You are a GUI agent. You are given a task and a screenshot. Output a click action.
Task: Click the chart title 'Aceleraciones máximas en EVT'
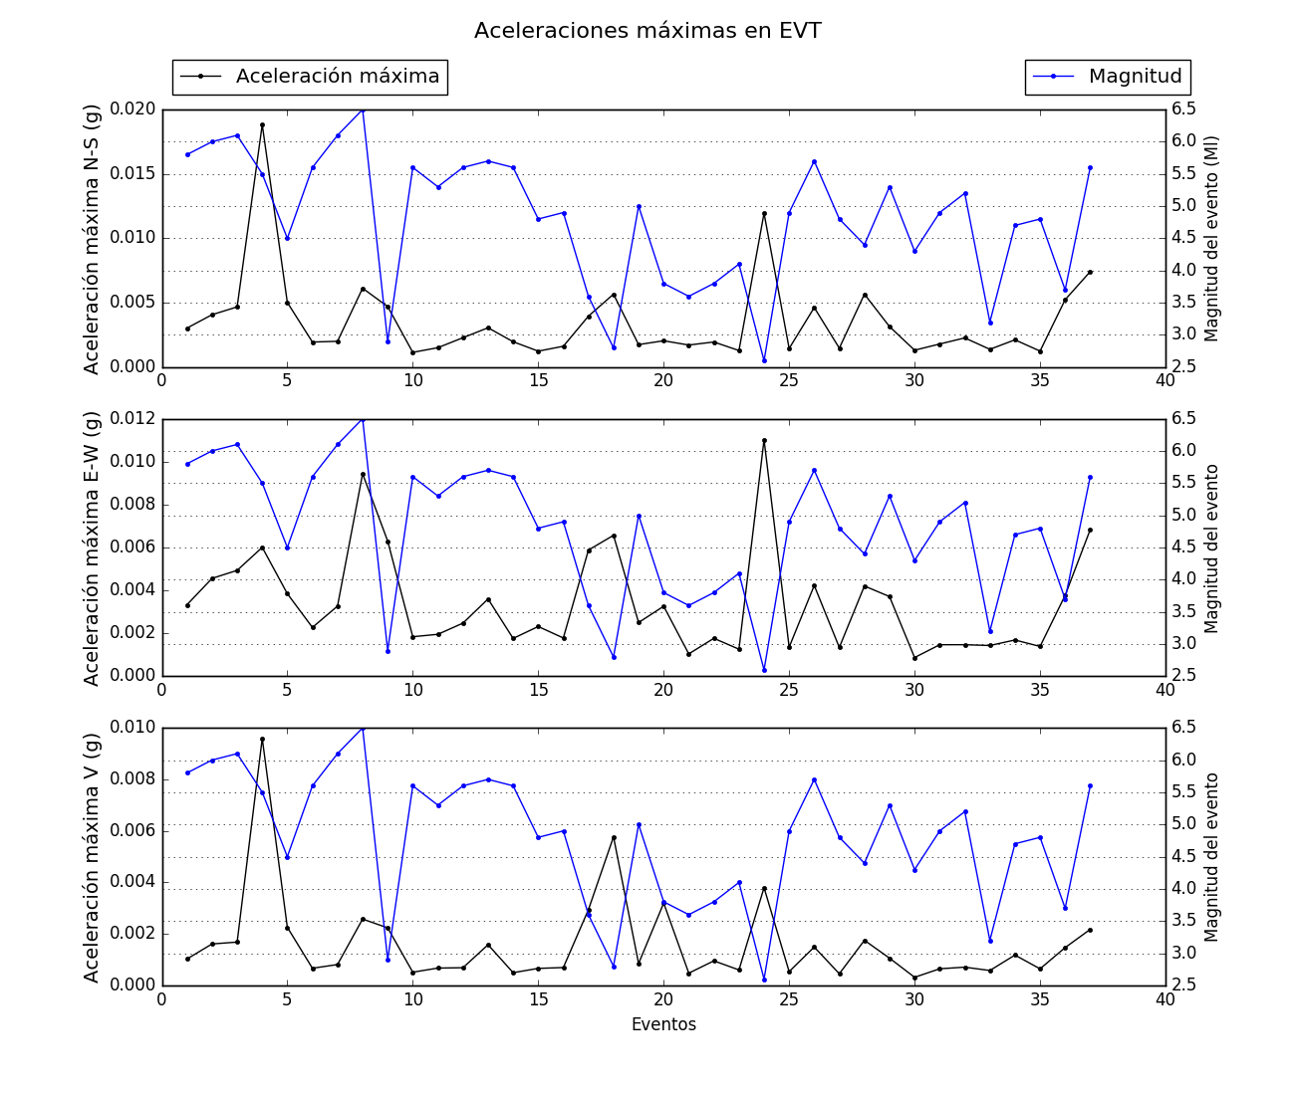pos(647,31)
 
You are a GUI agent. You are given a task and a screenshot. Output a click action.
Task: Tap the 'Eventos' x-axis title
pos(663,1024)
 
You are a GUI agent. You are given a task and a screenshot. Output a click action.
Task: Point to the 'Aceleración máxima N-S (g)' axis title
pos(92,239)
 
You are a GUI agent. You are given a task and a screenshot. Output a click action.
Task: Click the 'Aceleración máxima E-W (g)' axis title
pos(92,547)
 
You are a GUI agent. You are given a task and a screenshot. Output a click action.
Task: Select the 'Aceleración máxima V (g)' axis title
pos(92,857)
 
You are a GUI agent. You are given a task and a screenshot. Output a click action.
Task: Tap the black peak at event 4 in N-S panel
pos(262,124)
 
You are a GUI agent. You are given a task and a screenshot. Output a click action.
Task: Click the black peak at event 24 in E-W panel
pos(764,440)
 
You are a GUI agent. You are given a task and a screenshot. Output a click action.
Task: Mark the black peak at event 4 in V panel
pos(262,739)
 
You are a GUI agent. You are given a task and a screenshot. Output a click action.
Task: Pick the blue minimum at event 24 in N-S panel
pos(764,360)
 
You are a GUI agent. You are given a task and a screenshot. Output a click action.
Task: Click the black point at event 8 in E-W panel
pos(363,474)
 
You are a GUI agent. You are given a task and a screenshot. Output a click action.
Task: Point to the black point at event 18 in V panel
pos(614,837)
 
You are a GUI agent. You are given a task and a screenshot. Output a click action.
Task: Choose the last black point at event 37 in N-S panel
pos(1090,272)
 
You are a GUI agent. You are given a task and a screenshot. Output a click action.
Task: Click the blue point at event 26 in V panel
pos(814,779)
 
